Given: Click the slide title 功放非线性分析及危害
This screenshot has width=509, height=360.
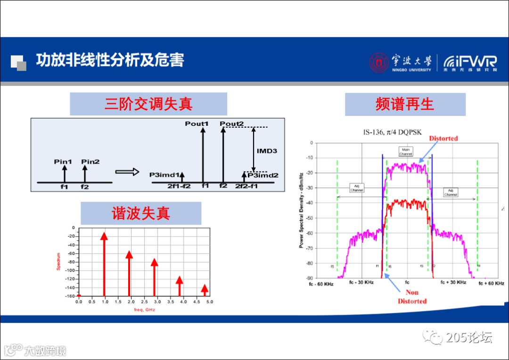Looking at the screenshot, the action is click(x=110, y=60).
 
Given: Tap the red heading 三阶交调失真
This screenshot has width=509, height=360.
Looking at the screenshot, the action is click(x=148, y=104).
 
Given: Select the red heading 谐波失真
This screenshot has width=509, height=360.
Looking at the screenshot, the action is click(x=140, y=213).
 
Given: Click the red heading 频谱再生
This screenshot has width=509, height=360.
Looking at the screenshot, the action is click(x=405, y=104).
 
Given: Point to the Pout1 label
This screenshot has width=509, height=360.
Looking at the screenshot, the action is click(x=197, y=124).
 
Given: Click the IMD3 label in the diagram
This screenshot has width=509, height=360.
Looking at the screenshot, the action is click(x=267, y=151).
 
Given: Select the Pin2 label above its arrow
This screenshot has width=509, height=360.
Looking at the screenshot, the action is click(x=90, y=162).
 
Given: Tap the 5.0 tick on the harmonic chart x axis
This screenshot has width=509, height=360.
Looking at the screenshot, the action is click(x=209, y=302).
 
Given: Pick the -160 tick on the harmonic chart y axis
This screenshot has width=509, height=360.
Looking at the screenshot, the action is click(x=70, y=296).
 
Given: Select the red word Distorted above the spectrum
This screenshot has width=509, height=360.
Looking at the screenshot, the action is click(x=443, y=138).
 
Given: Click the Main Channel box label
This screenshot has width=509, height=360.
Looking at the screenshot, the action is click(x=406, y=152).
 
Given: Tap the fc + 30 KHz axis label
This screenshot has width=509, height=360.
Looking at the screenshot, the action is click(x=453, y=282).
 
